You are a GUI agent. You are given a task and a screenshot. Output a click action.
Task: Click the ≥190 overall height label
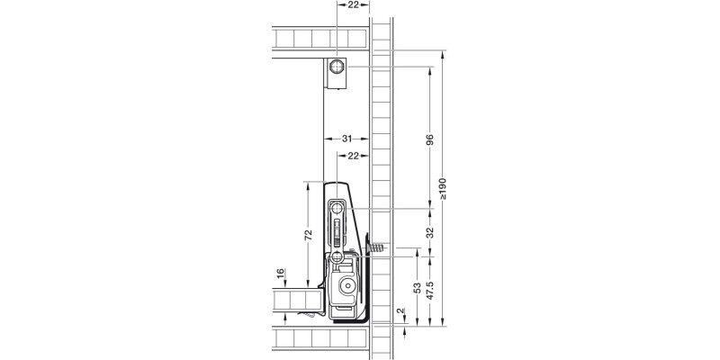coord(443,190)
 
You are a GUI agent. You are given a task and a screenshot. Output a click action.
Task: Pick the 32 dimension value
coord(430,232)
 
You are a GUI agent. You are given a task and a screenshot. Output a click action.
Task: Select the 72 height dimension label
coord(308,235)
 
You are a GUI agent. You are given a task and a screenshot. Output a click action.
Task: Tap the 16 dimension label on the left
coord(281,273)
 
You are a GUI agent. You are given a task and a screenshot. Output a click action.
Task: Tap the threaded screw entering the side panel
coord(377,247)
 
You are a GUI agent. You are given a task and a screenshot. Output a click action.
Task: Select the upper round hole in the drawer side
coord(337,209)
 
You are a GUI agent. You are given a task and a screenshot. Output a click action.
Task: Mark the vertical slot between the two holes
coord(337,234)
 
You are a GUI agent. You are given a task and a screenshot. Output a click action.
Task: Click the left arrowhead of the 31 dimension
coord(326,139)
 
